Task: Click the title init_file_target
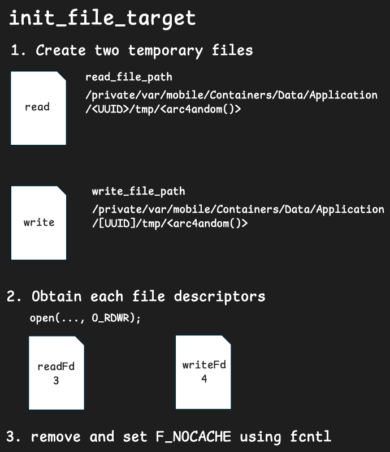point(102,18)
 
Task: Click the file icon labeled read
point(38,108)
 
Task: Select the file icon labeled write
point(38,223)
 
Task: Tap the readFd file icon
point(57,373)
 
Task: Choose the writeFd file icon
point(203,372)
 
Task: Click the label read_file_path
point(129,78)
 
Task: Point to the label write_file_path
point(138,191)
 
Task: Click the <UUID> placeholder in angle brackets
point(110,109)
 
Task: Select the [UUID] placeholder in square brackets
point(117,223)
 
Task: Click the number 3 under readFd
point(56,381)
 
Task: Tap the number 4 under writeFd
point(204,378)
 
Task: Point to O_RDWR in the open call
point(111,318)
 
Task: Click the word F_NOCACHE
point(193,436)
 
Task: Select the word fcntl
point(310,436)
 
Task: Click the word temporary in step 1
point(166,51)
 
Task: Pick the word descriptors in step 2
point(219,297)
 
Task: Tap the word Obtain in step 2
point(57,296)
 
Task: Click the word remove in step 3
point(55,437)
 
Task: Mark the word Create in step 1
point(61,50)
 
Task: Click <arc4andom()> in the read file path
point(200,109)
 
